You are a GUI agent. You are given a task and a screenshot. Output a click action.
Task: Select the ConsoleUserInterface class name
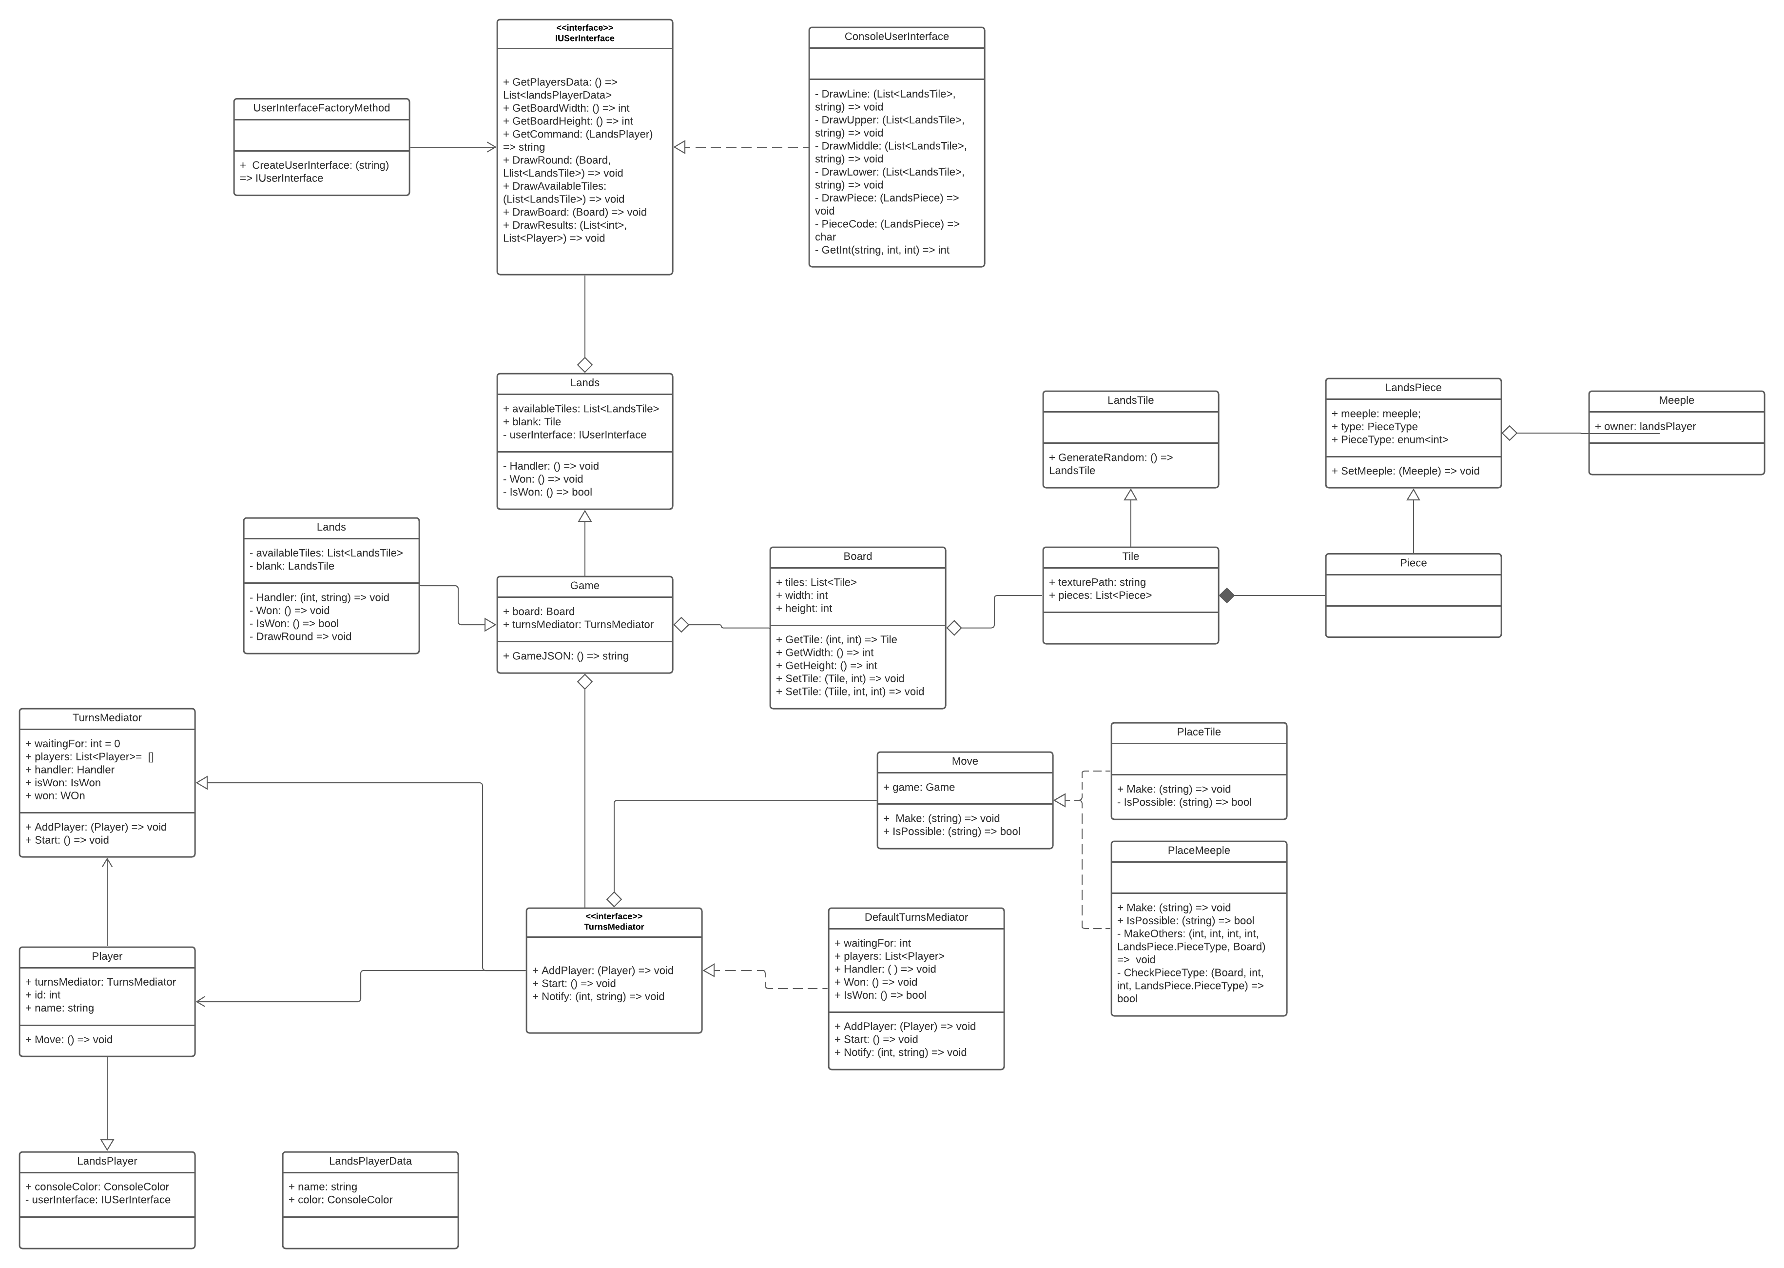[896, 37]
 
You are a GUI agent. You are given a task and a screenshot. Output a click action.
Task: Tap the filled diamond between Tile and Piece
[1227, 596]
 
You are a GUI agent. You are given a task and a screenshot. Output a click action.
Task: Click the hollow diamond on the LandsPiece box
[1509, 434]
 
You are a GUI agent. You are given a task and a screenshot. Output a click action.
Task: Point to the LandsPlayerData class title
[370, 1161]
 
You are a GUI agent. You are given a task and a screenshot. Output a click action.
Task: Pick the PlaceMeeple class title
[1198, 850]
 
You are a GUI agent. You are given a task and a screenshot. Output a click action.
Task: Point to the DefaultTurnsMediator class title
[915, 917]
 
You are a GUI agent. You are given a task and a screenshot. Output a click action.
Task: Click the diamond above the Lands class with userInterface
[584, 365]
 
